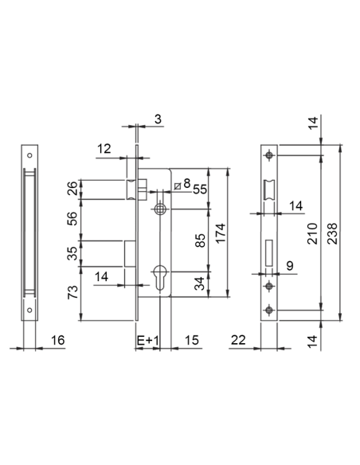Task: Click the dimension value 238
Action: point(333,233)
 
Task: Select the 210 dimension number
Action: point(312,233)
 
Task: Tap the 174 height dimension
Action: point(221,233)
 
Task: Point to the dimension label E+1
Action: point(148,341)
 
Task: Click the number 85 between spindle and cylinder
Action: point(201,240)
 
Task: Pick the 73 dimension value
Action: point(72,292)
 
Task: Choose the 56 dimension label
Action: point(72,218)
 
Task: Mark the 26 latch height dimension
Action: point(72,188)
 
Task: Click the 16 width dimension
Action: point(57,340)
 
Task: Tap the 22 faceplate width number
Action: point(238,340)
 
